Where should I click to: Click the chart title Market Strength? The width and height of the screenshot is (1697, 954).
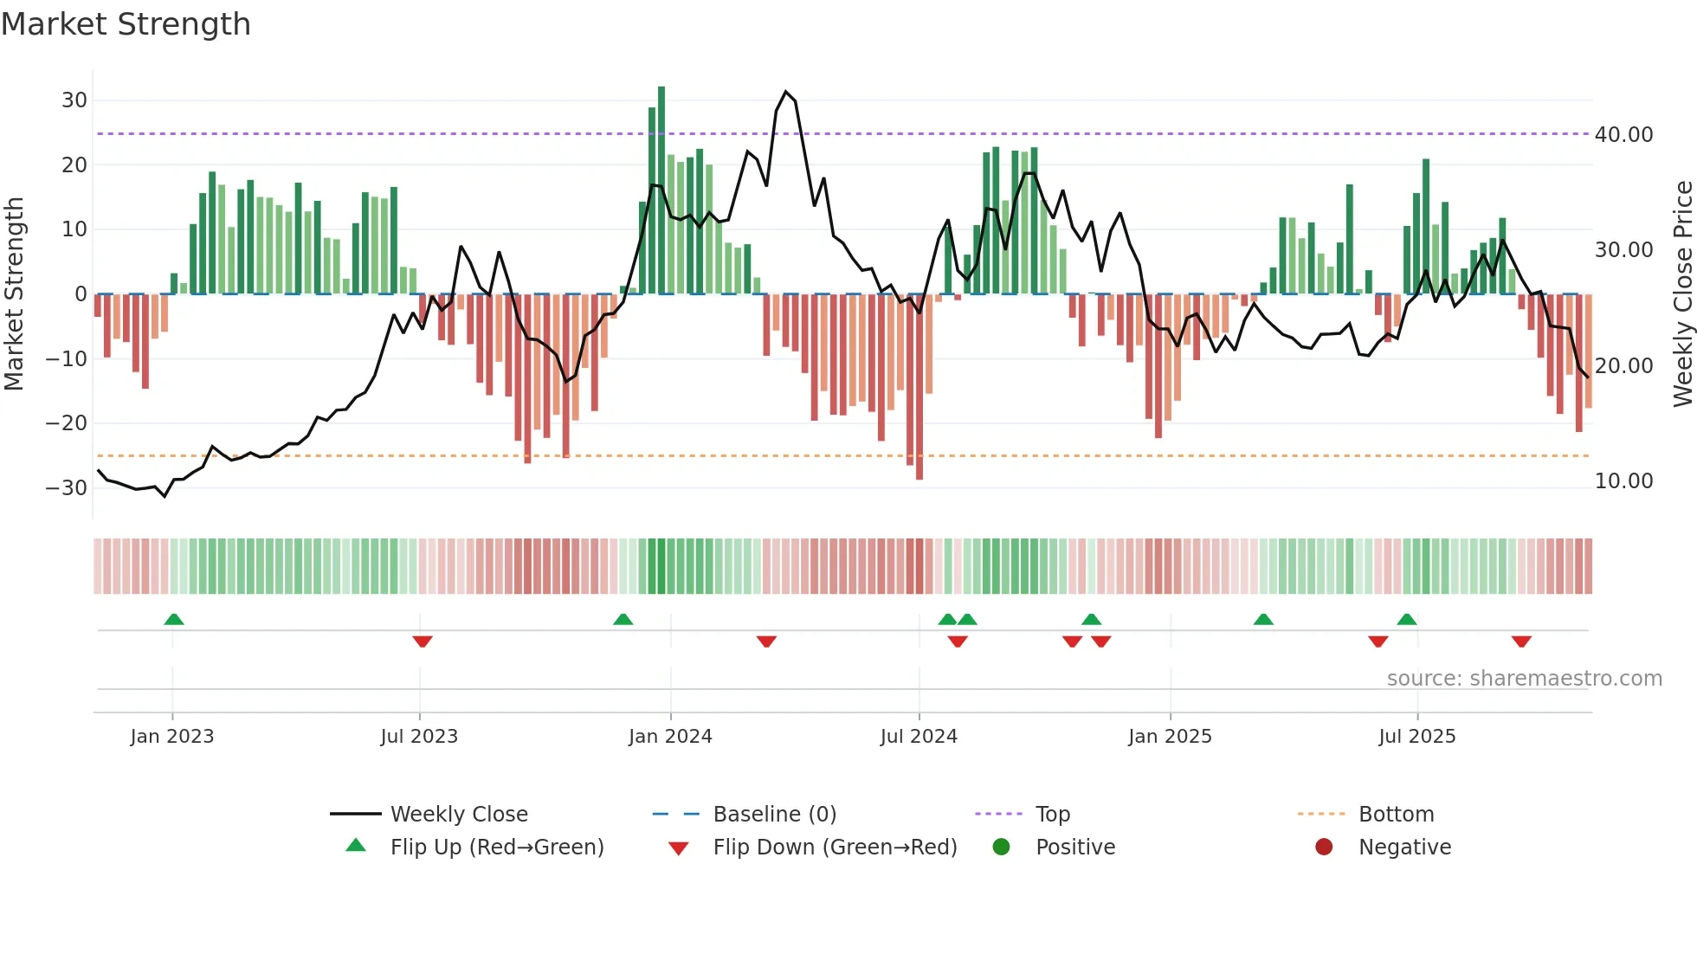pos(126,24)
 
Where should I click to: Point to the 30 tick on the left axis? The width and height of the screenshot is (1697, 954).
pos(74,100)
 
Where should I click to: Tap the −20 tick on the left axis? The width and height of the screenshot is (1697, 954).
pos(67,423)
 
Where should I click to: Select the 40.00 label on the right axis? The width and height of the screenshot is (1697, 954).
pos(1623,134)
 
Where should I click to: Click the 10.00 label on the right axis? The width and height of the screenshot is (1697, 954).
pos(1623,481)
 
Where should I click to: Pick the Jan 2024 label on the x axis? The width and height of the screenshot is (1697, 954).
pos(670,737)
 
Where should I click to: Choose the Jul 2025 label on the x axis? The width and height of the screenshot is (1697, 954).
pos(1416,737)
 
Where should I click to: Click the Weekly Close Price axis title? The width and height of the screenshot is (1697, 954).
pos(1682,293)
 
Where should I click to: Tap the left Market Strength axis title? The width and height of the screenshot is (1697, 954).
pos(14,293)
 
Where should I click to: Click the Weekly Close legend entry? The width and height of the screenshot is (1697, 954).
pos(458,815)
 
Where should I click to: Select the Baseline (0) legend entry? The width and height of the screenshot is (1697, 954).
pos(774,815)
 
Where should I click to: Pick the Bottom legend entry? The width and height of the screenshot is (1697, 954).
pos(1396,815)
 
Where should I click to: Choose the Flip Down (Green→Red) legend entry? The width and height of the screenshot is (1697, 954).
pos(835,848)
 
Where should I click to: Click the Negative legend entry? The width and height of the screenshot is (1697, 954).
pos(1404,848)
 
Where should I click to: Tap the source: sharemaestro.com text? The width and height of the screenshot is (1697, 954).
pos(1524,679)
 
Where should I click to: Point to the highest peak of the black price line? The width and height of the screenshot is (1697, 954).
pos(786,92)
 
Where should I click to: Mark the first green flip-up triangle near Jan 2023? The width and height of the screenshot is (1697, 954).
pos(174,619)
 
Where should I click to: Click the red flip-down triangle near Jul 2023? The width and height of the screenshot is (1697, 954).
pos(423,641)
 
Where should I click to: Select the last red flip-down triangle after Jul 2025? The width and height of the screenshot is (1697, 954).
pos(1521,641)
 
